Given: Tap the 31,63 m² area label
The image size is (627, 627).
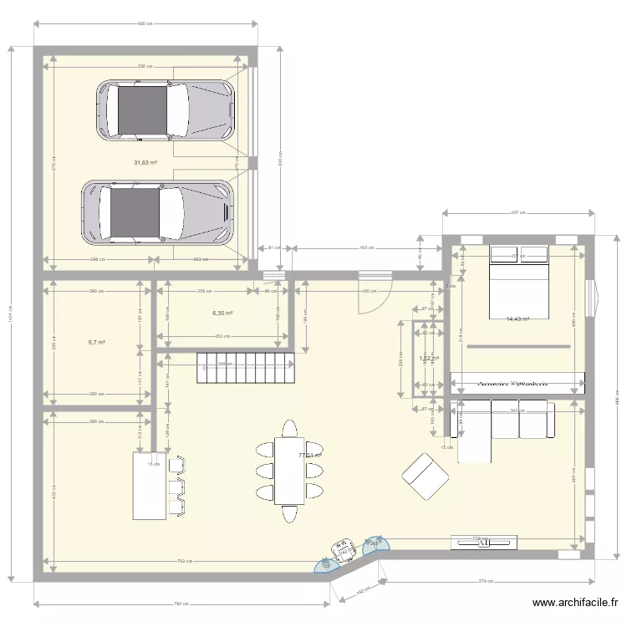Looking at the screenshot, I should [x=145, y=163].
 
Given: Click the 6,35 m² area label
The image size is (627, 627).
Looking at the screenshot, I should [x=222, y=313].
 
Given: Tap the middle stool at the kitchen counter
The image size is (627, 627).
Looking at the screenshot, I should [x=176, y=486].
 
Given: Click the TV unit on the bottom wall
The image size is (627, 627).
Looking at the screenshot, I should [x=483, y=542].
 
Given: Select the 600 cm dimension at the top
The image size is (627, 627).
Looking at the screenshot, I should [x=145, y=23].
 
